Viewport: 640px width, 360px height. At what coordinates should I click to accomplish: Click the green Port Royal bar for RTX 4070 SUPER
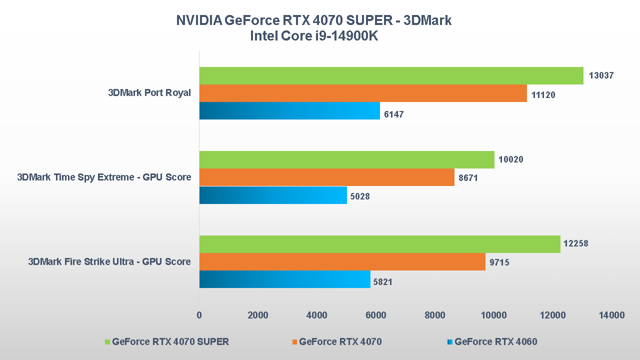pos(391,75)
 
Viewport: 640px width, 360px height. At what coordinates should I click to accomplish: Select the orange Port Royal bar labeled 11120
pos(363,93)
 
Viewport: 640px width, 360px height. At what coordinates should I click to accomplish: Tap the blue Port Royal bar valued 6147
pos(289,110)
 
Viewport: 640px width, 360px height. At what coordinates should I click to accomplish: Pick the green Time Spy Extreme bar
pos(346,159)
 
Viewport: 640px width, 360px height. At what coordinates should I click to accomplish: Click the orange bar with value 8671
pos(326,177)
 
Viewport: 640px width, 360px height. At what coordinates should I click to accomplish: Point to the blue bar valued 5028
pos(273,195)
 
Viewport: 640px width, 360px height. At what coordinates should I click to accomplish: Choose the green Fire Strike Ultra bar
pos(379,244)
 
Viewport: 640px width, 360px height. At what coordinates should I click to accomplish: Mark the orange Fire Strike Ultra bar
pos(342,261)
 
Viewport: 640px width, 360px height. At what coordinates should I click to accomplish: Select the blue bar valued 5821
pos(284,279)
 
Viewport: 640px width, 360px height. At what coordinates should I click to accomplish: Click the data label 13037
pos(601,75)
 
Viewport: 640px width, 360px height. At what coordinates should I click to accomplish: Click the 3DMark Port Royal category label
pos(149,93)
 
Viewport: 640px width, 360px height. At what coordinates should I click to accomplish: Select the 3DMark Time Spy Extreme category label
pos(104,177)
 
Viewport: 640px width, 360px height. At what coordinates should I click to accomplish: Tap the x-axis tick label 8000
pos(435,315)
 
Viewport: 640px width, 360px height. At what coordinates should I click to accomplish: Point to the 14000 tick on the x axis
pos(612,315)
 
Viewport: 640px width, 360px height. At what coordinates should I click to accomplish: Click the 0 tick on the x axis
pos(199,315)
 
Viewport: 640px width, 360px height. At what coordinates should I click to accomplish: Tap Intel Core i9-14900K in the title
pos(314,36)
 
